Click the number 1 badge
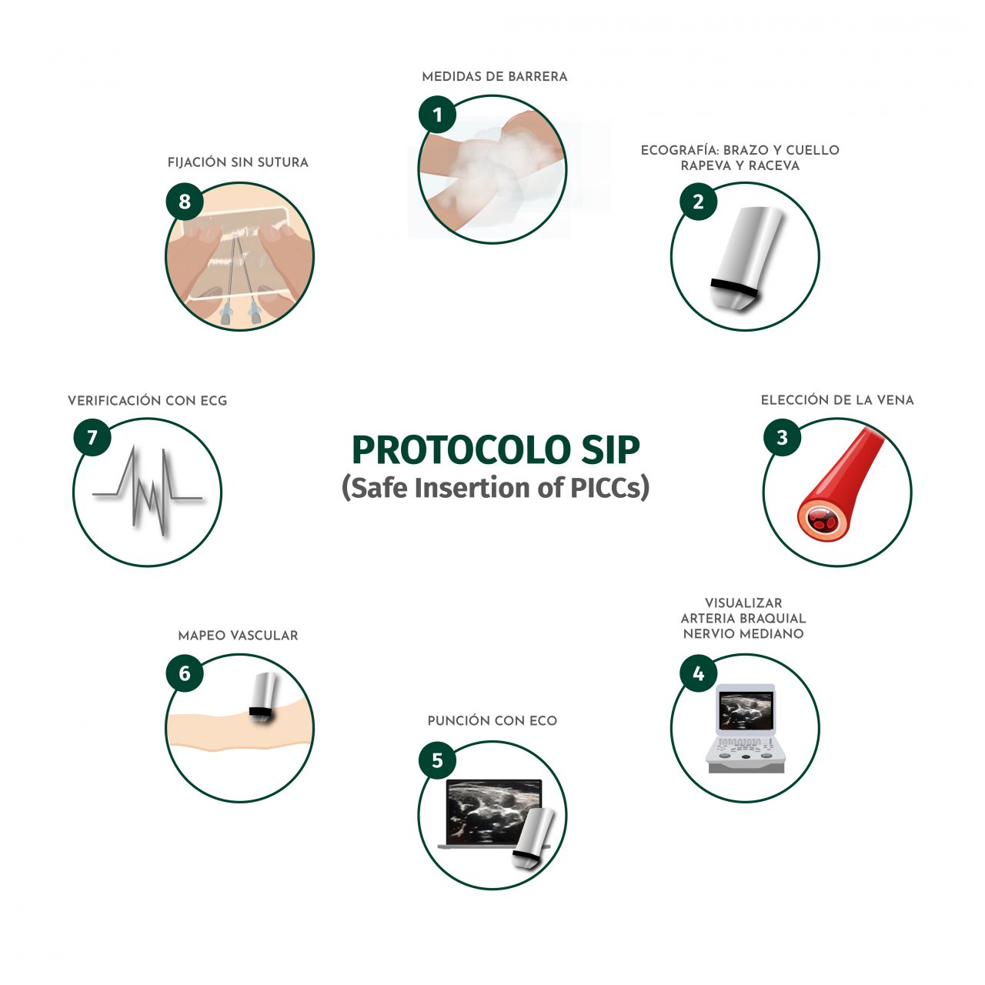tap(437, 115)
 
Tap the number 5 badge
tap(437, 760)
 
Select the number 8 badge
tap(185, 202)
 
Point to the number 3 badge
tap(782, 438)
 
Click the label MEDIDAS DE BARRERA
tap(494, 77)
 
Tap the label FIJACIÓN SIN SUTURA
tap(238, 162)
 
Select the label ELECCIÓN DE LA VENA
tap(837, 400)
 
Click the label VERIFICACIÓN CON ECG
tap(148, 401)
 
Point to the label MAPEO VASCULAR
tap(238, 636)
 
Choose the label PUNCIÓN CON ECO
tap(492, 721)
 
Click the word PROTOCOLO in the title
tap(454, 451)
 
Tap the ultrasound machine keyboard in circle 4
tap(745, 750)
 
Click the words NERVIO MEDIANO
tap(743, 634)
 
